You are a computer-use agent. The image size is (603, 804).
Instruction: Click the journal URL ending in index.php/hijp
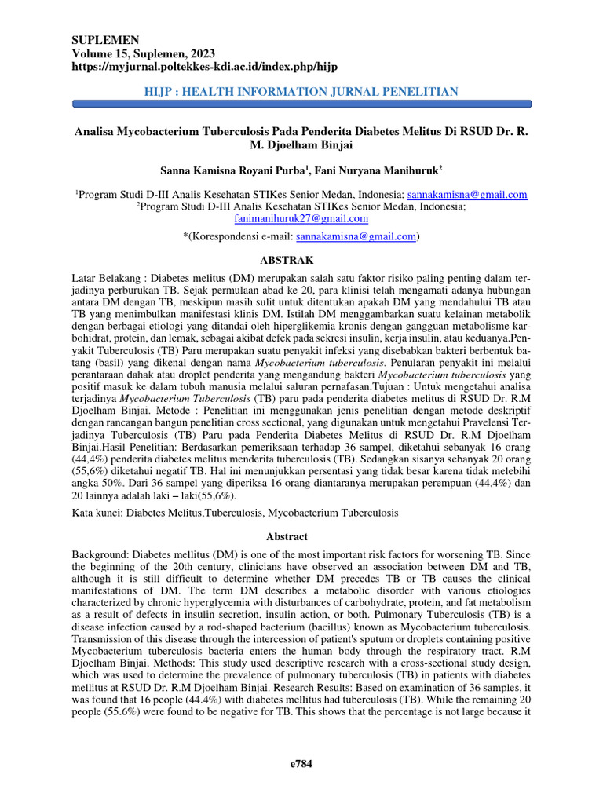pos(205,67)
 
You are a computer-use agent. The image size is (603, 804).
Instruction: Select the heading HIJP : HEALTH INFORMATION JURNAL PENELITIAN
pos(301,92)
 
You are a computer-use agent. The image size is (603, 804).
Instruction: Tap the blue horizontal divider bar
pos(301,104)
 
